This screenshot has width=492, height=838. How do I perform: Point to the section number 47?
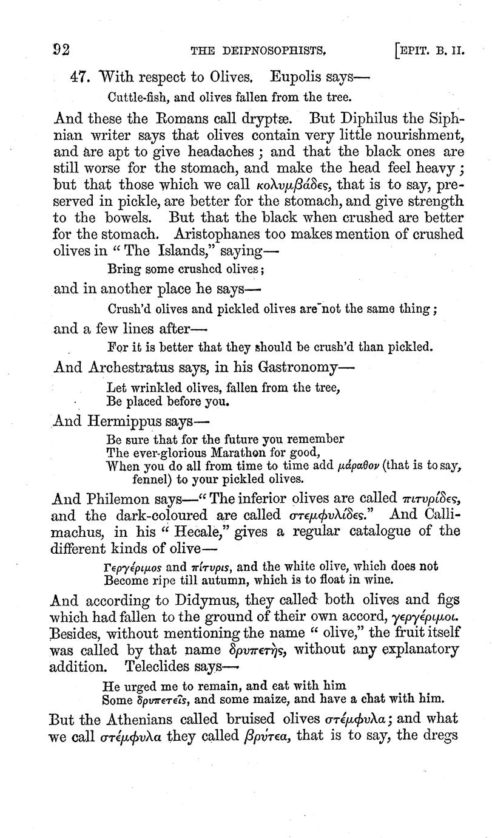tap(81, 78)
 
